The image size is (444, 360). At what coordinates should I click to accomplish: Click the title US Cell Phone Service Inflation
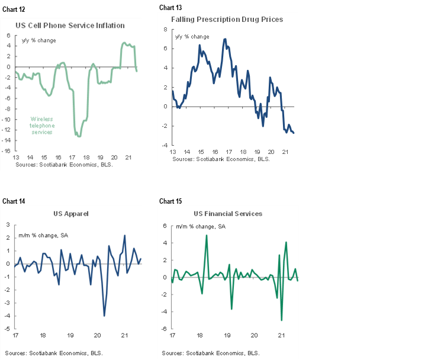(x=70, y=25)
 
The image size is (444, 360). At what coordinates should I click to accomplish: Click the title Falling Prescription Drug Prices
(x=227, y=19)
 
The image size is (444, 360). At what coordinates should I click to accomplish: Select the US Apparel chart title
(x=71, y=213)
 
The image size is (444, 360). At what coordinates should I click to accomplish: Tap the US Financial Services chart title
(x=228, y=214)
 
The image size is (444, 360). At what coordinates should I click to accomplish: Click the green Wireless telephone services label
(x=42, y=126)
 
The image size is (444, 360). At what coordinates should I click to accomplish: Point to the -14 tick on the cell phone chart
(x=8, y=140)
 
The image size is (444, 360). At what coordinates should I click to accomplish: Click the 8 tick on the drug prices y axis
(x=166, y=28)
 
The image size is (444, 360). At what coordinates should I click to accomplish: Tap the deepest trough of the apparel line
(x=104, y=316)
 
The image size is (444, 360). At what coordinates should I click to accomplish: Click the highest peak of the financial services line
(x=206, y=235)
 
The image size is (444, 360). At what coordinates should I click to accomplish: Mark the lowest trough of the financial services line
(x=281, y=320)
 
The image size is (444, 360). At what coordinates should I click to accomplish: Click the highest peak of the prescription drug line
(x=225, y=39)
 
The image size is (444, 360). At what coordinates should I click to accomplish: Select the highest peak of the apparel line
(x=125, y=236)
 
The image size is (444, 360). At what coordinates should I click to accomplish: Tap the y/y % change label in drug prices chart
(x=192, y=37)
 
